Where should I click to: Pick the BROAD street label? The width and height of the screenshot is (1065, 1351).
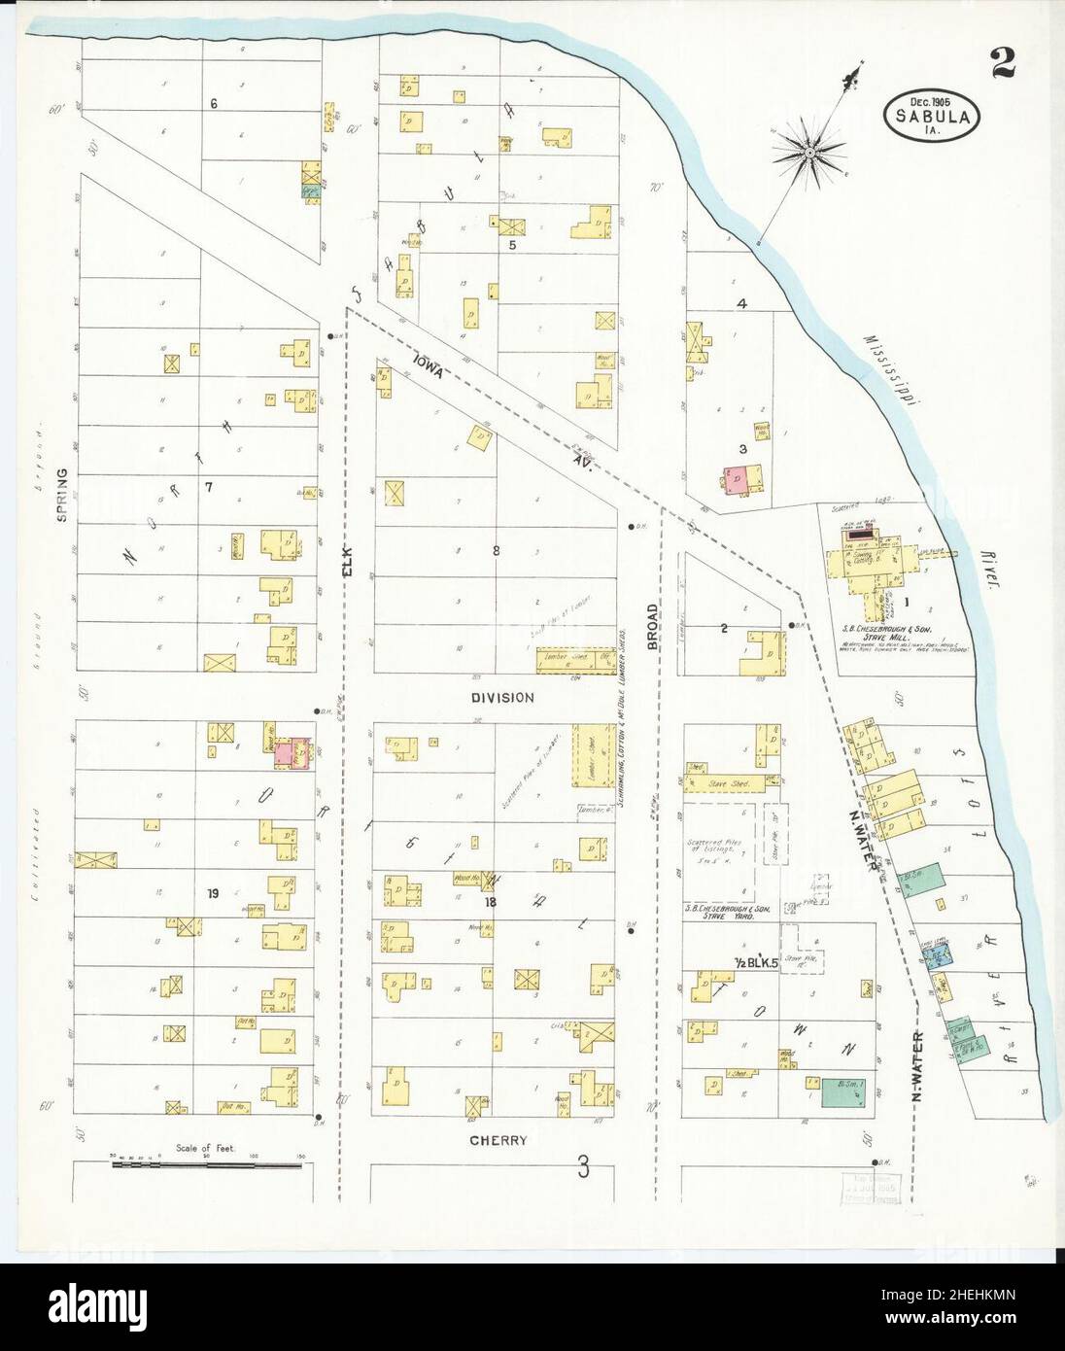652,624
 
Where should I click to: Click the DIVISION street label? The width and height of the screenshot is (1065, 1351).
502,697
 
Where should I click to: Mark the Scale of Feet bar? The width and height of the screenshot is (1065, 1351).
207,1162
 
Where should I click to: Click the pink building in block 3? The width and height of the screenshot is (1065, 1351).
738,478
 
